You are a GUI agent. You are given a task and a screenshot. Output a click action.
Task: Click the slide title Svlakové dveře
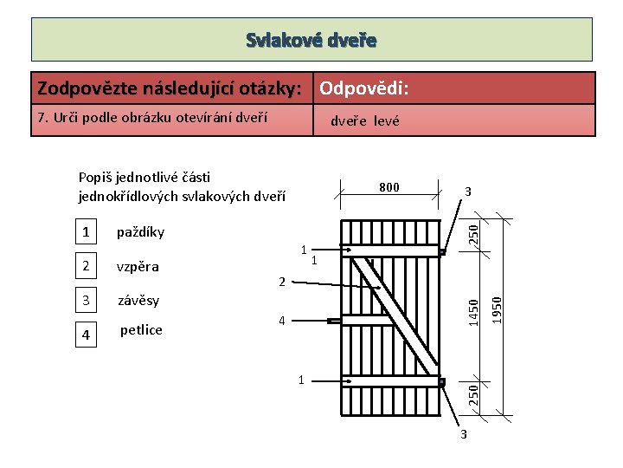[311, 40]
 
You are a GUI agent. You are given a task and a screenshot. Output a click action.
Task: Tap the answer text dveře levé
[365, 121]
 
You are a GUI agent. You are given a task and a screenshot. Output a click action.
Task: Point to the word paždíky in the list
[140, 232]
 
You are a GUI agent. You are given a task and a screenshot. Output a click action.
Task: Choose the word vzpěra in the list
[138, 266]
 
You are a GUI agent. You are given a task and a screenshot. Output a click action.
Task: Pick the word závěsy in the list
[139, 301]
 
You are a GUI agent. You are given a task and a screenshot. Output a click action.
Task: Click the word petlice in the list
[141, 329]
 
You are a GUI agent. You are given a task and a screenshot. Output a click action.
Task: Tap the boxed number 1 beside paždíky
[85, 232]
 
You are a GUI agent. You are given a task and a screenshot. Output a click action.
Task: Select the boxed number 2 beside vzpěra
[85, 266]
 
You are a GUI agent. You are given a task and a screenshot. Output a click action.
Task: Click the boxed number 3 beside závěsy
[85, 301]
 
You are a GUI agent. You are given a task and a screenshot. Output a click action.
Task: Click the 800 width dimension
[389, 187]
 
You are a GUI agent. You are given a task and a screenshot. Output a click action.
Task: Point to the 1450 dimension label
[472, 311]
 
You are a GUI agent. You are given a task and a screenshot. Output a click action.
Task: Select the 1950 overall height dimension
[496, 309]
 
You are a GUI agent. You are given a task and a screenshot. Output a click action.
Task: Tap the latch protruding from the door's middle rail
[335, 321]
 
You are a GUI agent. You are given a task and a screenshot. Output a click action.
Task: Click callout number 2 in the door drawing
[282, 282]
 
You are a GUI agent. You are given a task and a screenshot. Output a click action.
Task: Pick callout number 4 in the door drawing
[282, 322]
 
